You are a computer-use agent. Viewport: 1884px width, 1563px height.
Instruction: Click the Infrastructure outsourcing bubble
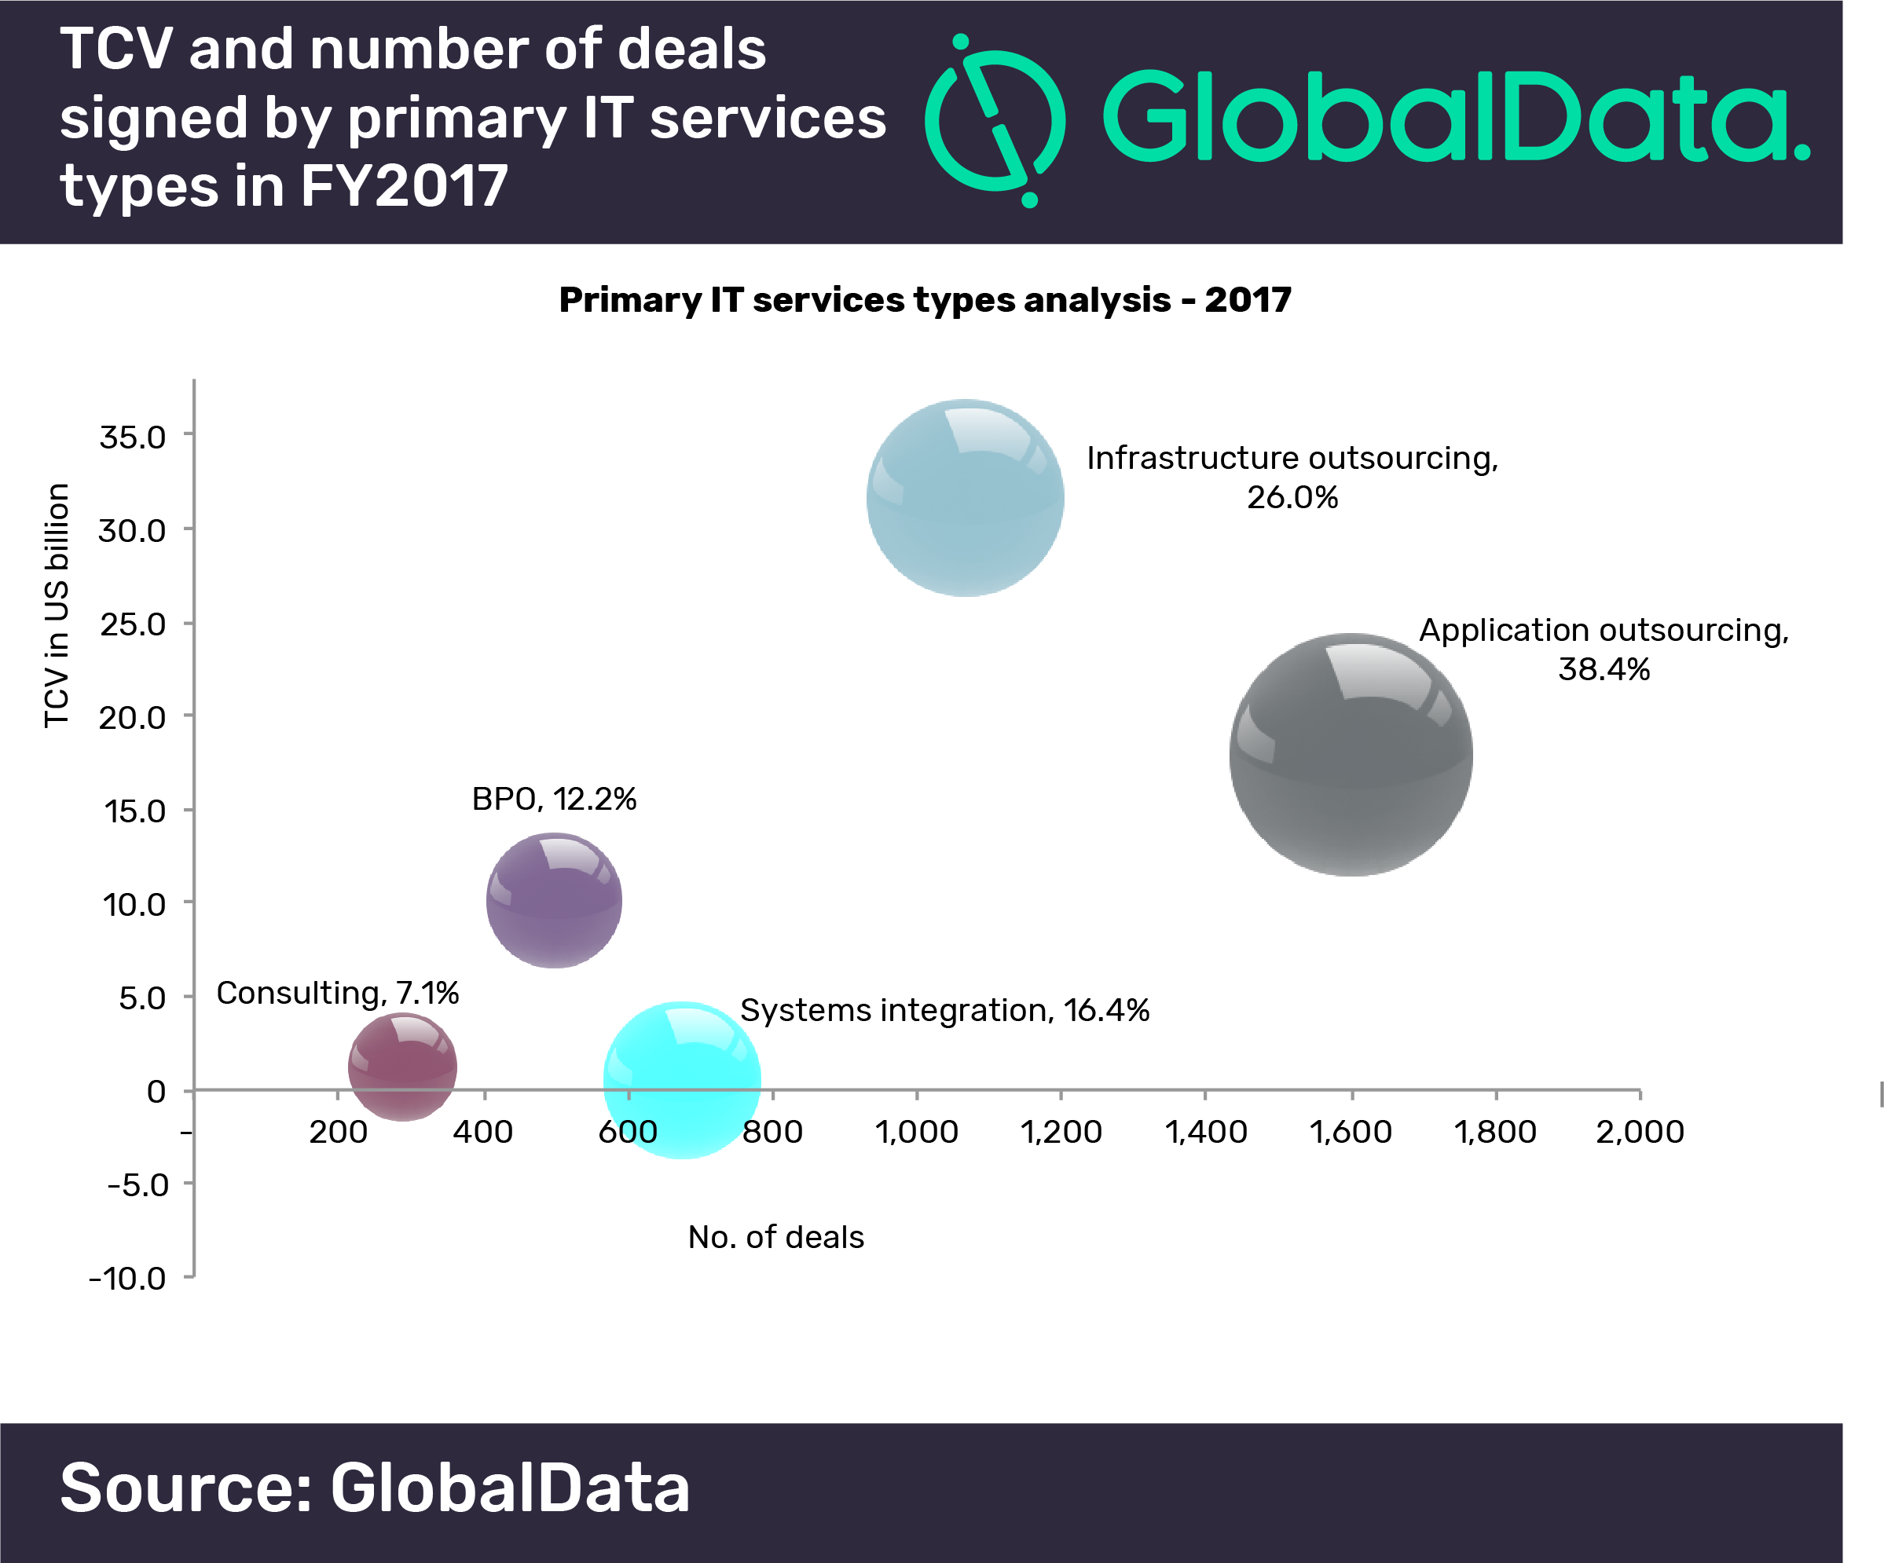point(966,498)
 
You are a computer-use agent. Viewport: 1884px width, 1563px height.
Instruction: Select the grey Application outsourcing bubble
point(1351,755)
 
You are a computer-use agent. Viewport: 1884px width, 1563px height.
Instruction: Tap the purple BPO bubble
point(555,900)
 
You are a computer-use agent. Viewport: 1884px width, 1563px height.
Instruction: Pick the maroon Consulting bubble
point(403,1067)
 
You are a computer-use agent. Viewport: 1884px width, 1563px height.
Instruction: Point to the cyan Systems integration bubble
point(682,1080)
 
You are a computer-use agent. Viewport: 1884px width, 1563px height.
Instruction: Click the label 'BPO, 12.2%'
point(554,799)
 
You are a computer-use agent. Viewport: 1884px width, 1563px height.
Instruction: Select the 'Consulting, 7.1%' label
point(337,993)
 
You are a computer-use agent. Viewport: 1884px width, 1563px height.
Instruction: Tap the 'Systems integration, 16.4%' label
point(944,1011)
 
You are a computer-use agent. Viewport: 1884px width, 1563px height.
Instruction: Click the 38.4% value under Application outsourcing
point(1604,670)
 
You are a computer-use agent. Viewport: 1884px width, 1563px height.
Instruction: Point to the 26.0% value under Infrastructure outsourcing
point(1292,498)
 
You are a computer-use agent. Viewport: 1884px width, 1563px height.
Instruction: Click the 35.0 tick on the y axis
point(133,437)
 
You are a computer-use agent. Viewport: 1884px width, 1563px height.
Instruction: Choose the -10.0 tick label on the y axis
point(128,1279)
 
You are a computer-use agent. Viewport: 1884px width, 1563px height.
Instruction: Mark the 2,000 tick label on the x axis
point(1639,1132)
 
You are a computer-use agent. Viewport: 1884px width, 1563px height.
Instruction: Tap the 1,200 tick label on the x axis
point(1061,1132)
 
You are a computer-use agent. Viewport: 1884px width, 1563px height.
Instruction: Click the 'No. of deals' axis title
point(776,1238)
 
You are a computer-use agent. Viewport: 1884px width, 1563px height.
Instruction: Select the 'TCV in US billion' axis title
point(57,606)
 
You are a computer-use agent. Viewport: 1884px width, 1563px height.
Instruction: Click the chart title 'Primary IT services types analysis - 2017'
point(925,299)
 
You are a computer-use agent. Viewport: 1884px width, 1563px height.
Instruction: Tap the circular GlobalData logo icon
point(995,121)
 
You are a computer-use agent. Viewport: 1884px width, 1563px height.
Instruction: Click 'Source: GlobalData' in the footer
point(375,1488)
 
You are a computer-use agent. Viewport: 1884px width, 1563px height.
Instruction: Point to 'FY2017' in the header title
point(404,186)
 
